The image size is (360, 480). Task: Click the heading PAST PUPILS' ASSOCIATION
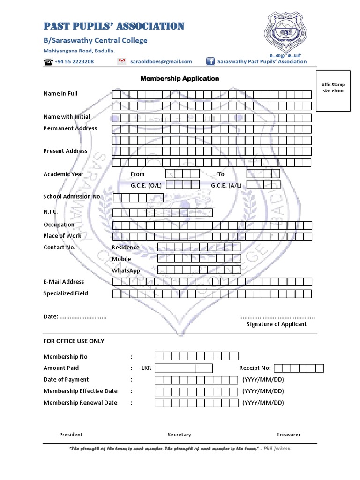coord(114,26)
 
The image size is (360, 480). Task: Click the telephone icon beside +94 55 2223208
coord(48,62)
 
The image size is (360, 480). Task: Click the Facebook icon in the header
coord(210,61)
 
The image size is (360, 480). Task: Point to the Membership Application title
coord(180,79)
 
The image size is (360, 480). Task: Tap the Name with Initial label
coord(67,117)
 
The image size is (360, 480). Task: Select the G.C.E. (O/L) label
coord(146,185)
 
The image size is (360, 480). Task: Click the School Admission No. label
coord(72,197)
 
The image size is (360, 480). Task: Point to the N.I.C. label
coord(51,212)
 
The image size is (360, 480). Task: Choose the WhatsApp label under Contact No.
coord(126,270)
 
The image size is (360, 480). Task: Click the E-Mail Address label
coord(64,282)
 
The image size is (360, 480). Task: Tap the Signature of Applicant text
coord(277,324)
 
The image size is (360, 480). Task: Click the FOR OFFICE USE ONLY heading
coord(74,341)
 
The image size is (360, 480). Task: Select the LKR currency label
coord(146,368)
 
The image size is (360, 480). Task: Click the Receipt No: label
coord(255,368)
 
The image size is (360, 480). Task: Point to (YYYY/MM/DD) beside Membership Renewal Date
coord(263,403)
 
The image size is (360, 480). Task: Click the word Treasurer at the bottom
coord(288,435)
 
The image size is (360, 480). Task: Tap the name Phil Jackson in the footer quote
coord(277,449)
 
